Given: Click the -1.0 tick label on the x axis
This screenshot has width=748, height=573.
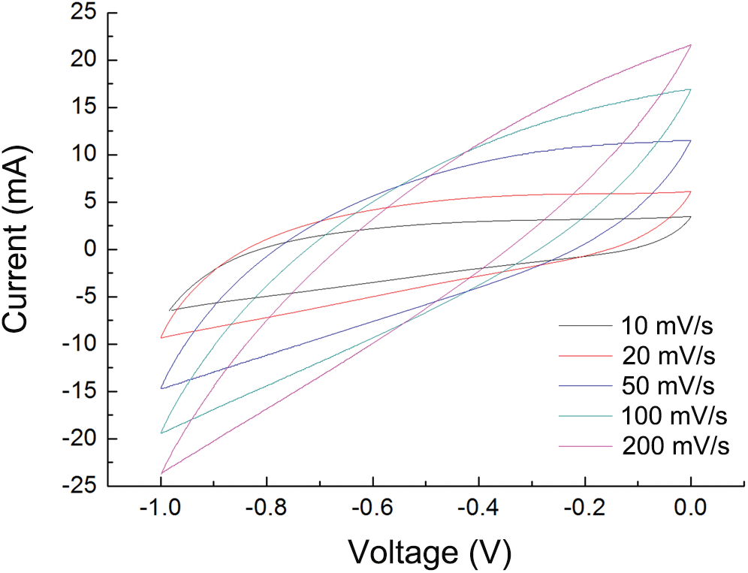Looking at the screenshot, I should [x=160, y=510].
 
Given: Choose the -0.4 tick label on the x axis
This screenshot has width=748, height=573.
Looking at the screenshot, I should [x=478, y=510].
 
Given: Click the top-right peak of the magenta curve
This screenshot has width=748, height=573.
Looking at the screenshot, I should [x=690, y=44].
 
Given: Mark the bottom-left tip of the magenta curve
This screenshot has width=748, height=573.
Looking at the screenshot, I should [x=161, y=474].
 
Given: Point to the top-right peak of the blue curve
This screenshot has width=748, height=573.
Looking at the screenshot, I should [x=690, y=140].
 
